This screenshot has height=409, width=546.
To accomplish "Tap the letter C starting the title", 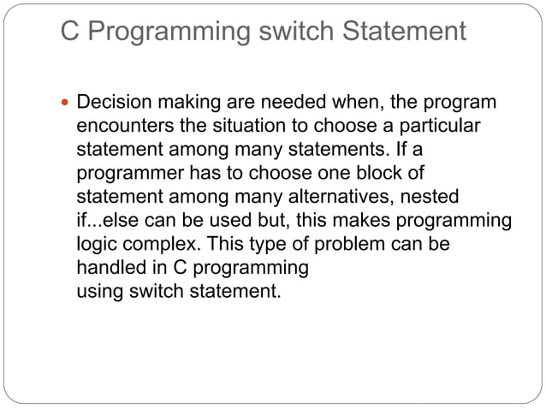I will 70,32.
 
